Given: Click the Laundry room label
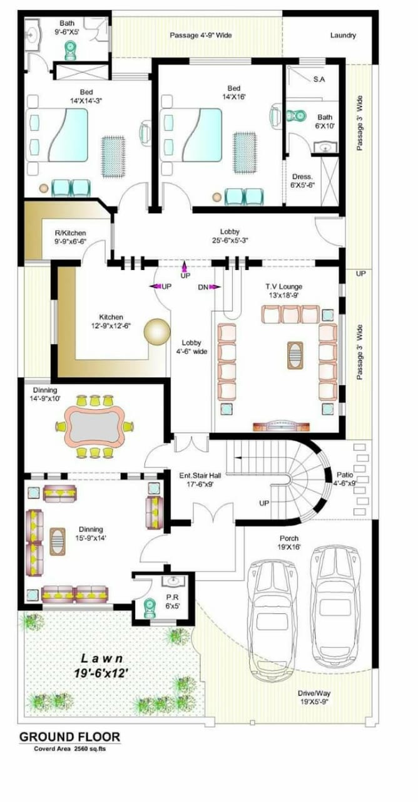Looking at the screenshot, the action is [x=343, y=35].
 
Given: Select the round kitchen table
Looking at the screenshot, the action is [x=157, y=332].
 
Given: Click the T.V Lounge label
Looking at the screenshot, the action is [x=283, y=286].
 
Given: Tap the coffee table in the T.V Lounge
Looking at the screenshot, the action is [x=295, y=355].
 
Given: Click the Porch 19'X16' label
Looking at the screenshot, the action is [x=289, y=543].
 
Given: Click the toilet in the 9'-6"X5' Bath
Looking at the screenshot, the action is [x=70, y=50].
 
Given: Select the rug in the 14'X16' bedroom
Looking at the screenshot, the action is [x=245, y=152].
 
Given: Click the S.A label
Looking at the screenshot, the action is [x=319, y=80].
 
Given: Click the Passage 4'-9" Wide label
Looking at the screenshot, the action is [x=201, y=35].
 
